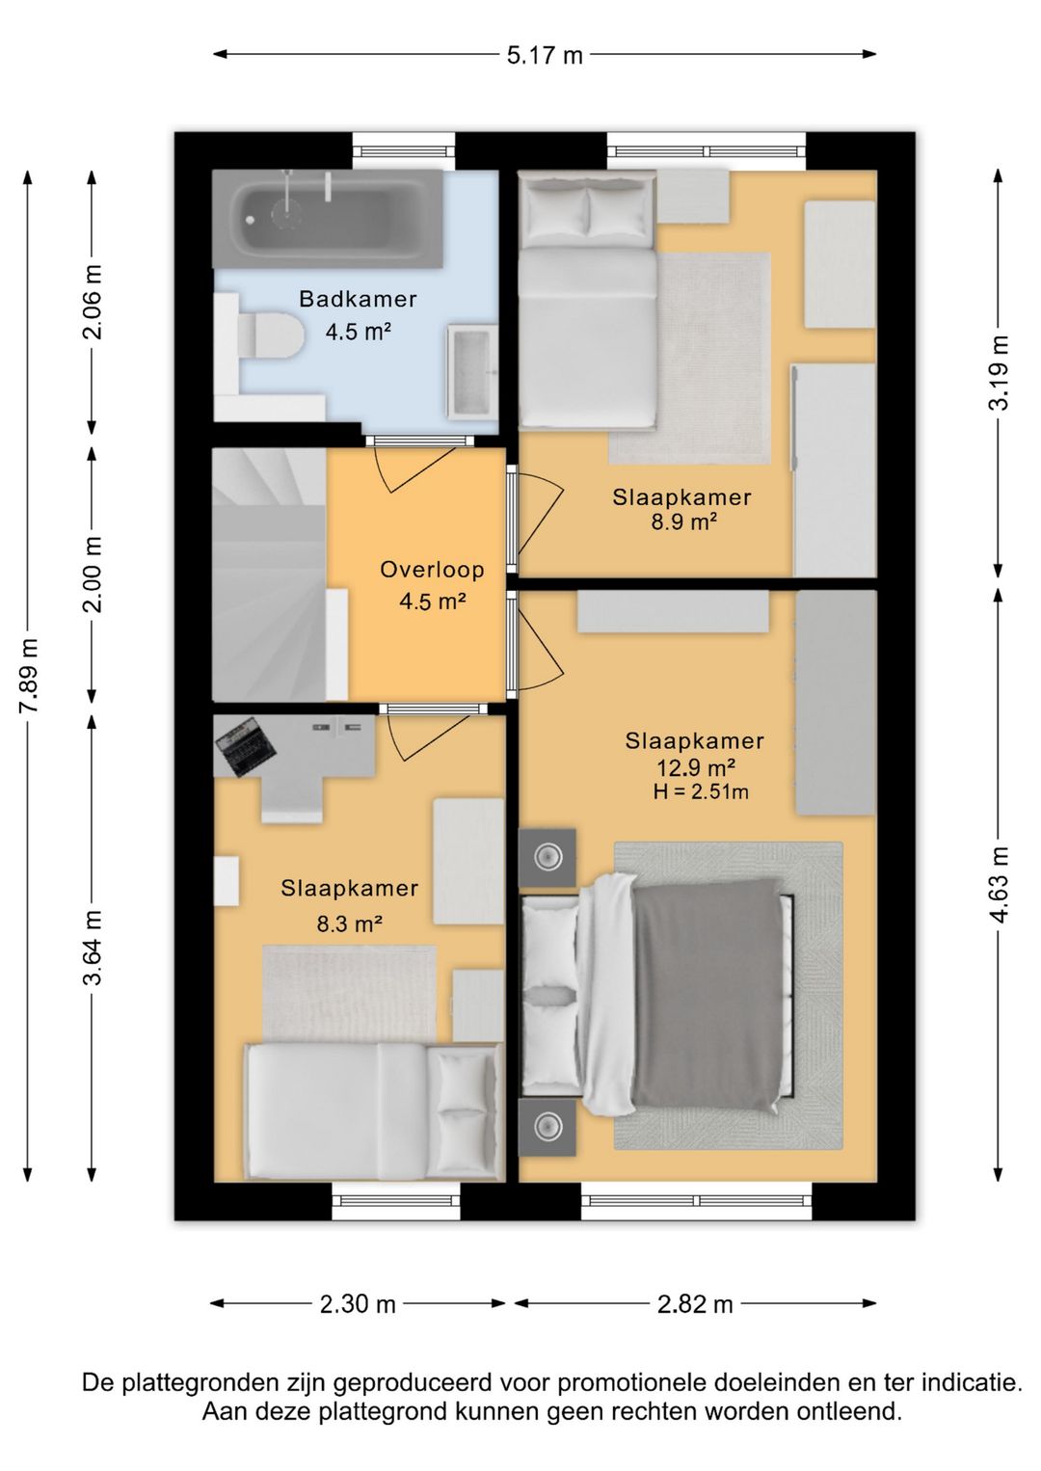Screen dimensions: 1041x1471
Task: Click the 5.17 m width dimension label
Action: click(545, 55)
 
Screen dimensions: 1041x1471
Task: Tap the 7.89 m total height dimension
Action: click(30, 675)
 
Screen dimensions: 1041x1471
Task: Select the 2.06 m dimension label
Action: click(93, 302)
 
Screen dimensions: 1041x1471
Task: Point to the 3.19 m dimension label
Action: click(999, 372)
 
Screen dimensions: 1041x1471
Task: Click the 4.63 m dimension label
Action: click(999, 884)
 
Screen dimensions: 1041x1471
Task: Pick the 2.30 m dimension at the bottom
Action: click(358, 1303)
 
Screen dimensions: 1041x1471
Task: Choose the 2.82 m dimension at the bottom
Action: click(695, 1303)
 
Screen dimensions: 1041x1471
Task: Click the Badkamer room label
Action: click(358, 300)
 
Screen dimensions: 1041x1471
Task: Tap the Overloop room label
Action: click(432, 570)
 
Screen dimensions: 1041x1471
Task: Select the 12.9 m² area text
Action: click(696, 767)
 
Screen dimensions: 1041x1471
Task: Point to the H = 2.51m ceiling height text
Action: click(701, 792)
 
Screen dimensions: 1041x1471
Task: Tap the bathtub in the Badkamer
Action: click(327, 219)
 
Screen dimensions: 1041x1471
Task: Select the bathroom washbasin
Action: click(471, 372)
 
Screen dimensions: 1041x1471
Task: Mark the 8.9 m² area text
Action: click(683, 522)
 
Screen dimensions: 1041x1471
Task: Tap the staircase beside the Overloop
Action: click(269, 575)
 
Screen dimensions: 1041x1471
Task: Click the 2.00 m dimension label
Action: click(93, 575)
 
